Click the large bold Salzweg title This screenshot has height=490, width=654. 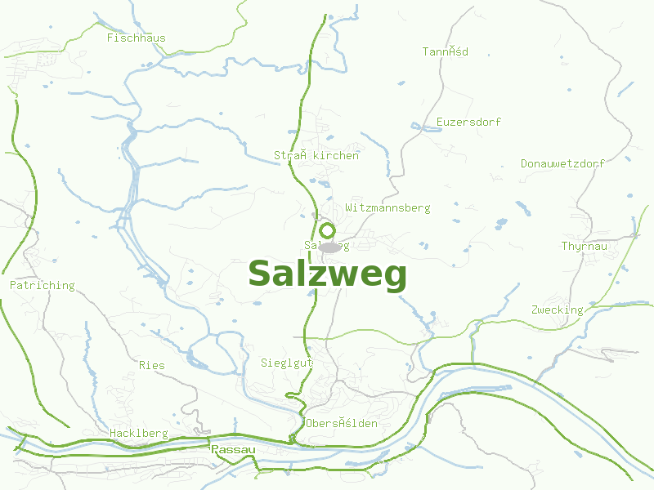click(x=327, y=275)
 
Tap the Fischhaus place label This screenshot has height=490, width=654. click(x=136, y=38)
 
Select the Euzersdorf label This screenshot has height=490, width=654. click(x=468, y=122)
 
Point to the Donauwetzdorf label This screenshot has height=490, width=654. click(x=562, y=163)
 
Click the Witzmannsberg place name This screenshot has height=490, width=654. click(x=387, y=208)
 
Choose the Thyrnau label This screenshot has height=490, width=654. click(x=585, y=246)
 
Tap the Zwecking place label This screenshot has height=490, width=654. click(x=557, y=310)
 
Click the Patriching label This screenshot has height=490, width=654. click(x=42, y=286)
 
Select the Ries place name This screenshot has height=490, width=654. click(x=151, y=365)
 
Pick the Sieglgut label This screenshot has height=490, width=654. click(x=287, y=363)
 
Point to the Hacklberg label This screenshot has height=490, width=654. click(x=138, y=434)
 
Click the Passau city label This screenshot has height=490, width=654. click(x=233, y=450)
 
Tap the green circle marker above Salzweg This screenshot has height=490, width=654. click(x=328, y=230)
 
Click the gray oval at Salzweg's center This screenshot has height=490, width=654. click(x=329, y=247)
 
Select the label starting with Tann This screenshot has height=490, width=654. click(x=445, y=51)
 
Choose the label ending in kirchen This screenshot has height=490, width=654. click(x=316, y=155)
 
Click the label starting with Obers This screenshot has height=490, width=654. click(x=342, y=423)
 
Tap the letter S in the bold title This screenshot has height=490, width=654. click(x=260, y=274)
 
